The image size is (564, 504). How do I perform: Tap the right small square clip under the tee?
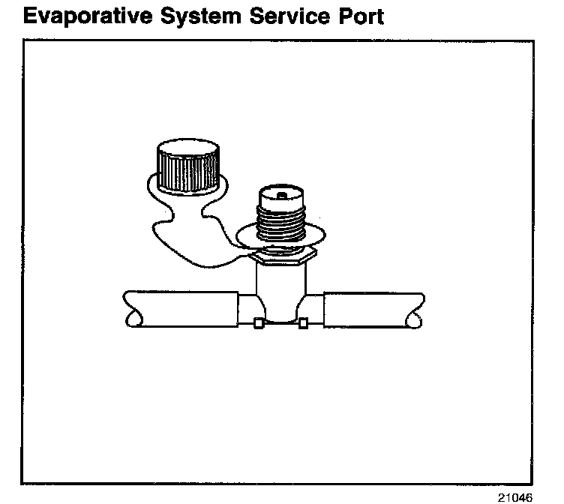click(304, 324)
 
